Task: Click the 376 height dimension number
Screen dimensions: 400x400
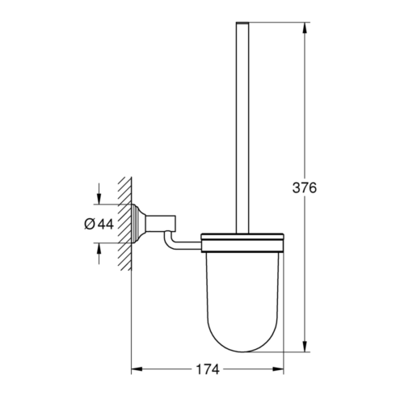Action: pyautogui.click(x=305, y=187)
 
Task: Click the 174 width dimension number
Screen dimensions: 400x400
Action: pyautogui.click(x=208, y=369)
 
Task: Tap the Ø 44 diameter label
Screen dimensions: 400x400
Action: pyautogui.click(x=99, y=224)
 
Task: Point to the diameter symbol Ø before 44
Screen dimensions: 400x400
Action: pyautogui.click(x=90, y=224)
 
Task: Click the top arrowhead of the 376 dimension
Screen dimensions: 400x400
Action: pyautogui.click(x=305, y=27)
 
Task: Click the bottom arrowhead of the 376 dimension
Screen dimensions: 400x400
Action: pyautogui.click(x=305, y=347)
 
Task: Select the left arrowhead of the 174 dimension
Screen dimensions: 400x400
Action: pyautogui.click(x=137, y=369)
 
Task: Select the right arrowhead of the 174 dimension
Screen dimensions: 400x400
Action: pyautogui.click(x=278, y=369)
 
